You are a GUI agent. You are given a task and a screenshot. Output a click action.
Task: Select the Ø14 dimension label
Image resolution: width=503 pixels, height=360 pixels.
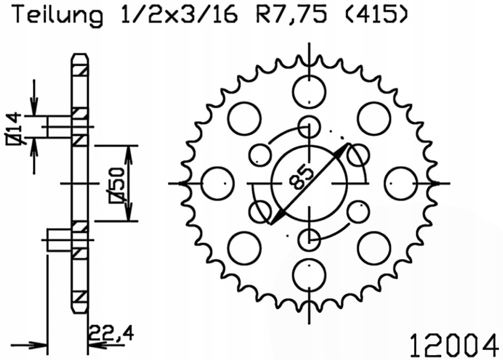(x=13, y=129)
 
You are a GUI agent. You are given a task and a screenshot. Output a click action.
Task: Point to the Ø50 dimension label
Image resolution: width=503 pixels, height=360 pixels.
(x=117, y=184)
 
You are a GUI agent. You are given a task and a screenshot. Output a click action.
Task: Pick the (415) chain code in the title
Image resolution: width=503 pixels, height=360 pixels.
(x=377, y=15)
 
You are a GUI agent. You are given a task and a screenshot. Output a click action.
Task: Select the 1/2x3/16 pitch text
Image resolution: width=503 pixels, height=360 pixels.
(x=180, y=15)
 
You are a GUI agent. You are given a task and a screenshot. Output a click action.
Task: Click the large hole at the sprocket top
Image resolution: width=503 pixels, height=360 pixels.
(x=309, y=92)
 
